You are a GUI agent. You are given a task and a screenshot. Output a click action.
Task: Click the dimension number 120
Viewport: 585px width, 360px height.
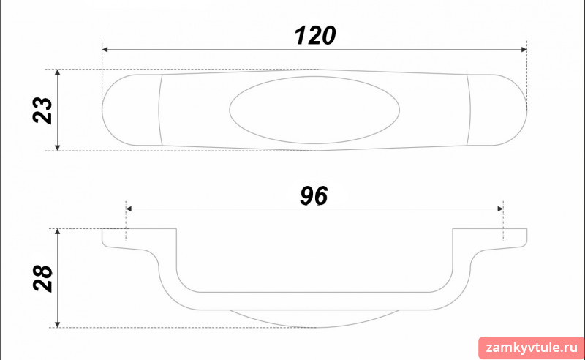click(315, 36)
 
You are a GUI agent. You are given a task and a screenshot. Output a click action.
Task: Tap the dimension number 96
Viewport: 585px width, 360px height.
click(314, 195)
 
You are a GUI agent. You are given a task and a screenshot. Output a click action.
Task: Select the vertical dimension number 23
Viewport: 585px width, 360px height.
click(42, 110)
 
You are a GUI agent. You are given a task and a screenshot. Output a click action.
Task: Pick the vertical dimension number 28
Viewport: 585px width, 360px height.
click(42, 278)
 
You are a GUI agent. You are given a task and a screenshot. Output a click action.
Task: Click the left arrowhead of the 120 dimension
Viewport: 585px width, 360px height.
click(105, 49)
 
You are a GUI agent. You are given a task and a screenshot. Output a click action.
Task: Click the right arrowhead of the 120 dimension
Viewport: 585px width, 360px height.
click(524, 49)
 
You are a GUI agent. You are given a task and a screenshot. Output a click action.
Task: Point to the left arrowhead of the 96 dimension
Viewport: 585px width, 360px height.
click(129, 209)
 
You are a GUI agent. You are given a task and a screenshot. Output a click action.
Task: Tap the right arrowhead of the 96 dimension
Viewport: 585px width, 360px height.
click(500, 209)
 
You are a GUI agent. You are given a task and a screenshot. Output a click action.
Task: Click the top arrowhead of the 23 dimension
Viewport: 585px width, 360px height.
click(58, 72)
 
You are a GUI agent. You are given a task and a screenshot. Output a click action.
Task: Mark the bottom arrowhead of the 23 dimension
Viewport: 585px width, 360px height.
click(58, 148)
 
